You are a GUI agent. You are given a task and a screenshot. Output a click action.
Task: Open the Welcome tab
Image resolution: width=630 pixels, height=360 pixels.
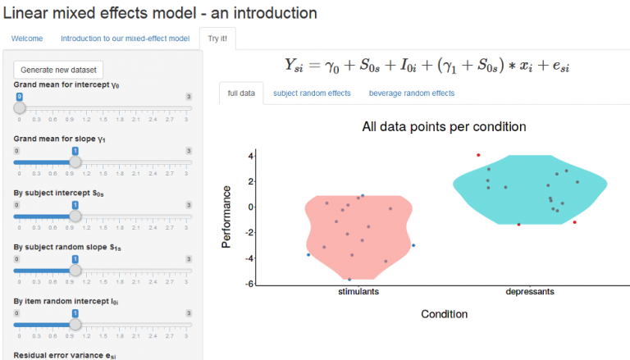point(27,39)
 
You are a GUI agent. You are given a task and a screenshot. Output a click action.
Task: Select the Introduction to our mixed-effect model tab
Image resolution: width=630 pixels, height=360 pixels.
point(126,39)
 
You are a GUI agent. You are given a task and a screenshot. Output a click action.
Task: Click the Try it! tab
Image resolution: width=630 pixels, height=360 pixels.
point(217,39)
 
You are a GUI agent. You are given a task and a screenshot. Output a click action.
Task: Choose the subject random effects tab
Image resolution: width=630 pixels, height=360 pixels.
point(312,93)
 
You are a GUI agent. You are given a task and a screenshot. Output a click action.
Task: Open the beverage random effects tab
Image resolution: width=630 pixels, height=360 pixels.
point(411,93)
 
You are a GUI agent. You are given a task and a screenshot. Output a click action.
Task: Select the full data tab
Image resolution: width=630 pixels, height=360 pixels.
point(241,93)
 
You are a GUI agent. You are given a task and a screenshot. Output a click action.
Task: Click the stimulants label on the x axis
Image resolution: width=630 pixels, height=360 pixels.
point(358,292)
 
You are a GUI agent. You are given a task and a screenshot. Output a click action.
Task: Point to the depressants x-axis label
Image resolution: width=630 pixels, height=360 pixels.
point(530,292)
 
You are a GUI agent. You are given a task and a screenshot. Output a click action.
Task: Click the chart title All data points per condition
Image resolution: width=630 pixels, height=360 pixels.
point(444,127)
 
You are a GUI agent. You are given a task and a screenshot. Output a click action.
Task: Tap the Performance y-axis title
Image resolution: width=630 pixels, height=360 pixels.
point(227,217)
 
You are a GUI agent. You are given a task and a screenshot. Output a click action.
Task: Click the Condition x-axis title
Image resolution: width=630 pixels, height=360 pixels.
point(444,314)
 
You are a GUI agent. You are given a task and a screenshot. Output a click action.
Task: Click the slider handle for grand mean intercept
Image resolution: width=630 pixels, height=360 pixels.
point(20,107)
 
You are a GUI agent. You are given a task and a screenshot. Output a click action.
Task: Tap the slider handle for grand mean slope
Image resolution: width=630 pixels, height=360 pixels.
point(75,162)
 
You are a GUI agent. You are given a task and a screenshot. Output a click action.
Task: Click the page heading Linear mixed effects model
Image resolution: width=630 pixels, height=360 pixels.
point(161,13)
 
